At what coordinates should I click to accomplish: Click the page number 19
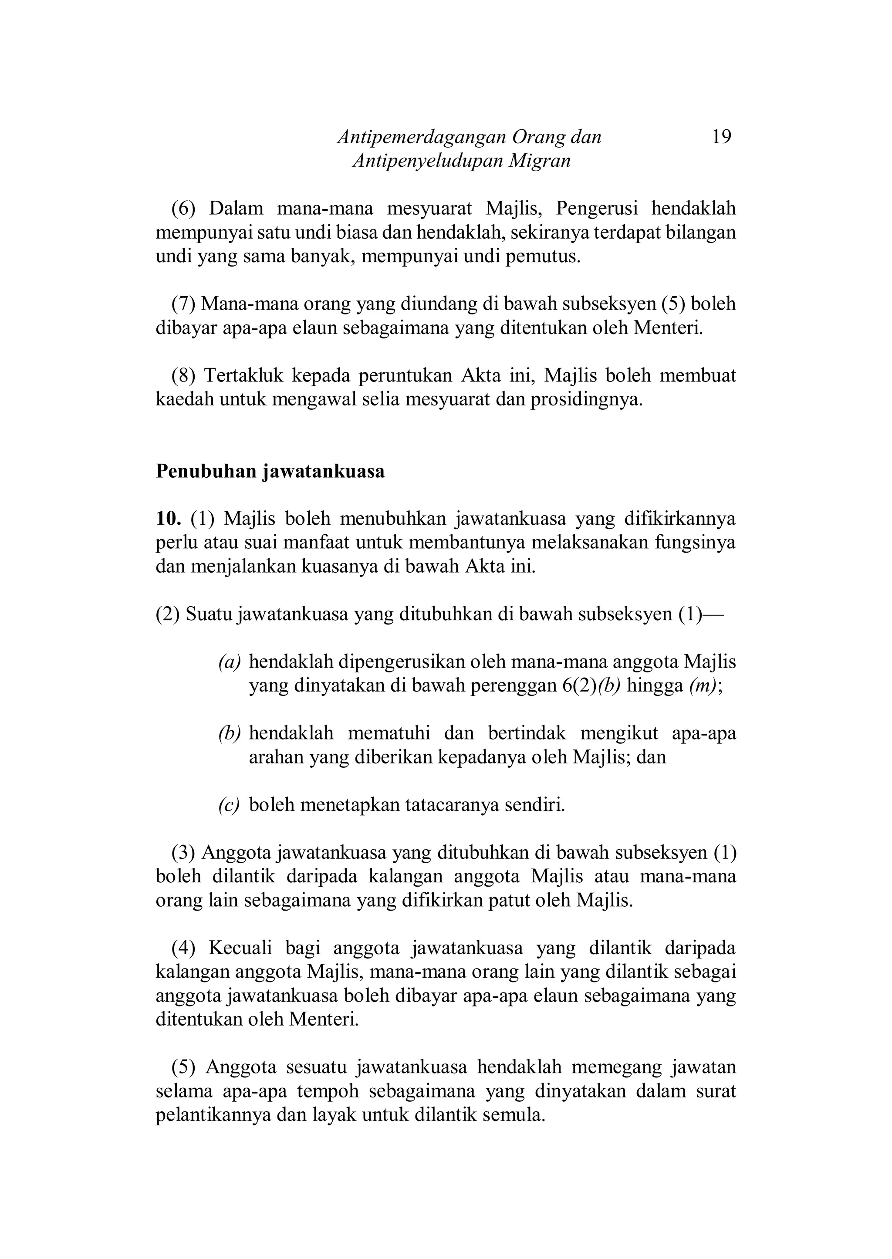(x=721, y=137)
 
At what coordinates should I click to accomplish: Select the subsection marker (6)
(x=183, y=209)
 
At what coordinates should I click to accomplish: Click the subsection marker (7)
(x=183, y=304)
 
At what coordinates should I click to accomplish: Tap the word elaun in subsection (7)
(x=315, y=328)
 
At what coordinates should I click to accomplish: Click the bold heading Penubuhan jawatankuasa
(x=270, y=471)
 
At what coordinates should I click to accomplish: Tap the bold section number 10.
(x=168, y=518)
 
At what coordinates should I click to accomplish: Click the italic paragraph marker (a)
(x=230, y=662)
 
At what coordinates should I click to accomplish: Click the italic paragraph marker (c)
(x=229, y=806)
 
